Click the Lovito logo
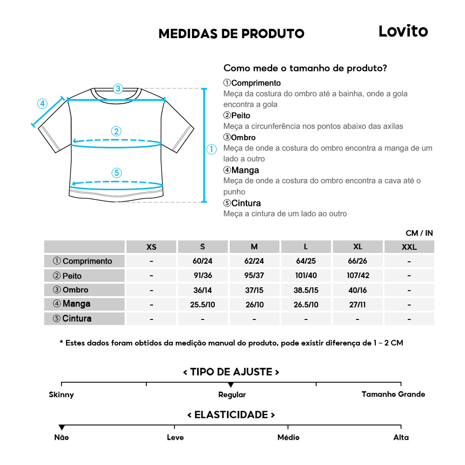[x=403, y=32]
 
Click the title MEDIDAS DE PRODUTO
[x=231, y=34]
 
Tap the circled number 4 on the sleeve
[x=42, y=103]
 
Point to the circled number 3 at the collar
[x=118, y=88]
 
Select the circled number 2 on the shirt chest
[x=116, y=131]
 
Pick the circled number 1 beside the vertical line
[x=212, y=149]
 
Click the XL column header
[x=357, y=247]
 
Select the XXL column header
[x=409, y=247]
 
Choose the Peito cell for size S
[x=202, y=275]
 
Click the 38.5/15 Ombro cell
[x=306, y=290]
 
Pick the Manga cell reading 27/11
[x=357, y=305]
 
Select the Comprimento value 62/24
[x=254, y=261]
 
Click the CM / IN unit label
[x=419, y=233]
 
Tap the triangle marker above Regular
[x=231, y=385]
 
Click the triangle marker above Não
[x=61, y=427]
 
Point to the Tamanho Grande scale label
[x=393, y=394]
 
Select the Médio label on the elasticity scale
[x=288, y=437]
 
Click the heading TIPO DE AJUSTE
[x=231, y=372]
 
